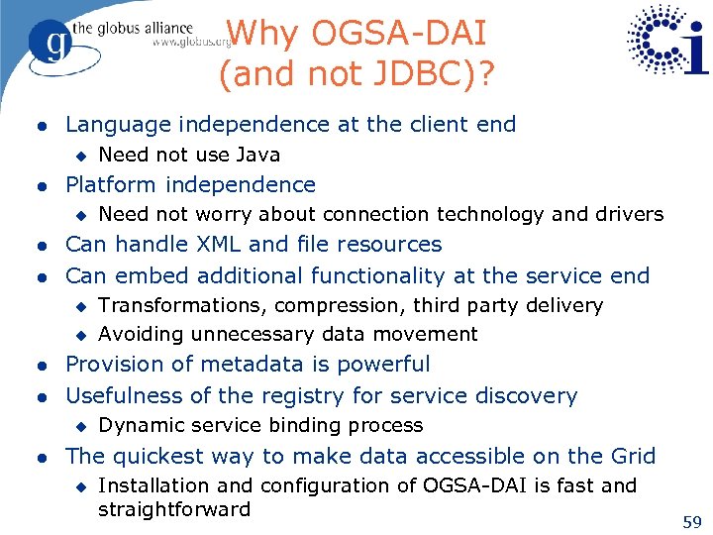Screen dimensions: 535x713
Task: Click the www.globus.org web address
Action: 193,43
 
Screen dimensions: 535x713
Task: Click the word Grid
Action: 632,456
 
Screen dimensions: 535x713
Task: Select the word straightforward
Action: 174,509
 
